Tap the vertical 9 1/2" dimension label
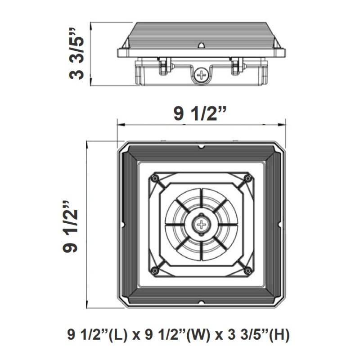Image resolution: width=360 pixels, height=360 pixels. tap(72, 225)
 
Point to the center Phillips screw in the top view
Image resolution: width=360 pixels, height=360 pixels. tap(201, 224)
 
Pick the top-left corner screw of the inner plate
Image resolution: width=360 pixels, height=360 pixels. tap(155, 179)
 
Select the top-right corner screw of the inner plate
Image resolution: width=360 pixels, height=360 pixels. tap(247, 179)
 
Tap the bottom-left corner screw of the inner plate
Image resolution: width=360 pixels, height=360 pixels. tap(155, 270)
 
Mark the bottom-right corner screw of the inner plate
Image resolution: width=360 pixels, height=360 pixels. tap(247, 270)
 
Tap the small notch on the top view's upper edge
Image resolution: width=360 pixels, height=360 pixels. tap(202, 147)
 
